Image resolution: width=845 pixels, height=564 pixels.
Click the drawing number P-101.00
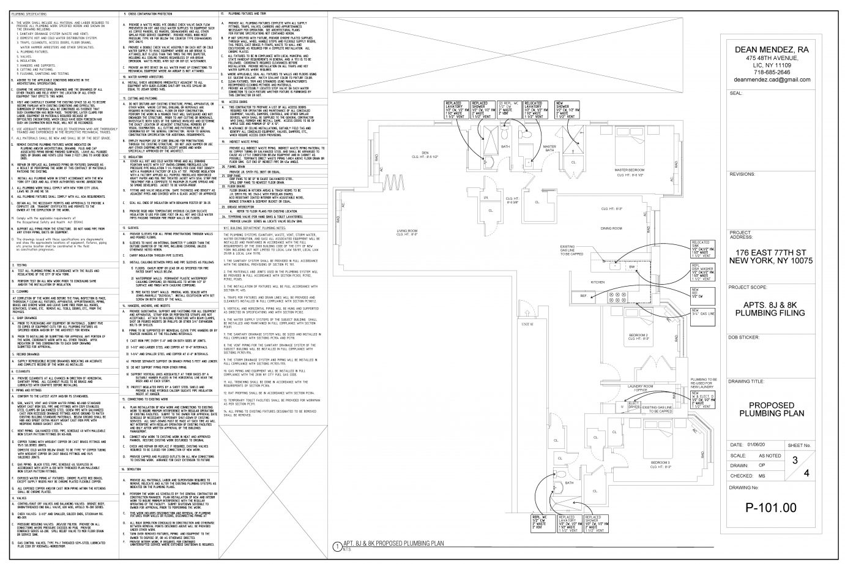coord(771,507)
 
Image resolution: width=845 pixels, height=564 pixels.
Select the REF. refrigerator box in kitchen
coord(584,296)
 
